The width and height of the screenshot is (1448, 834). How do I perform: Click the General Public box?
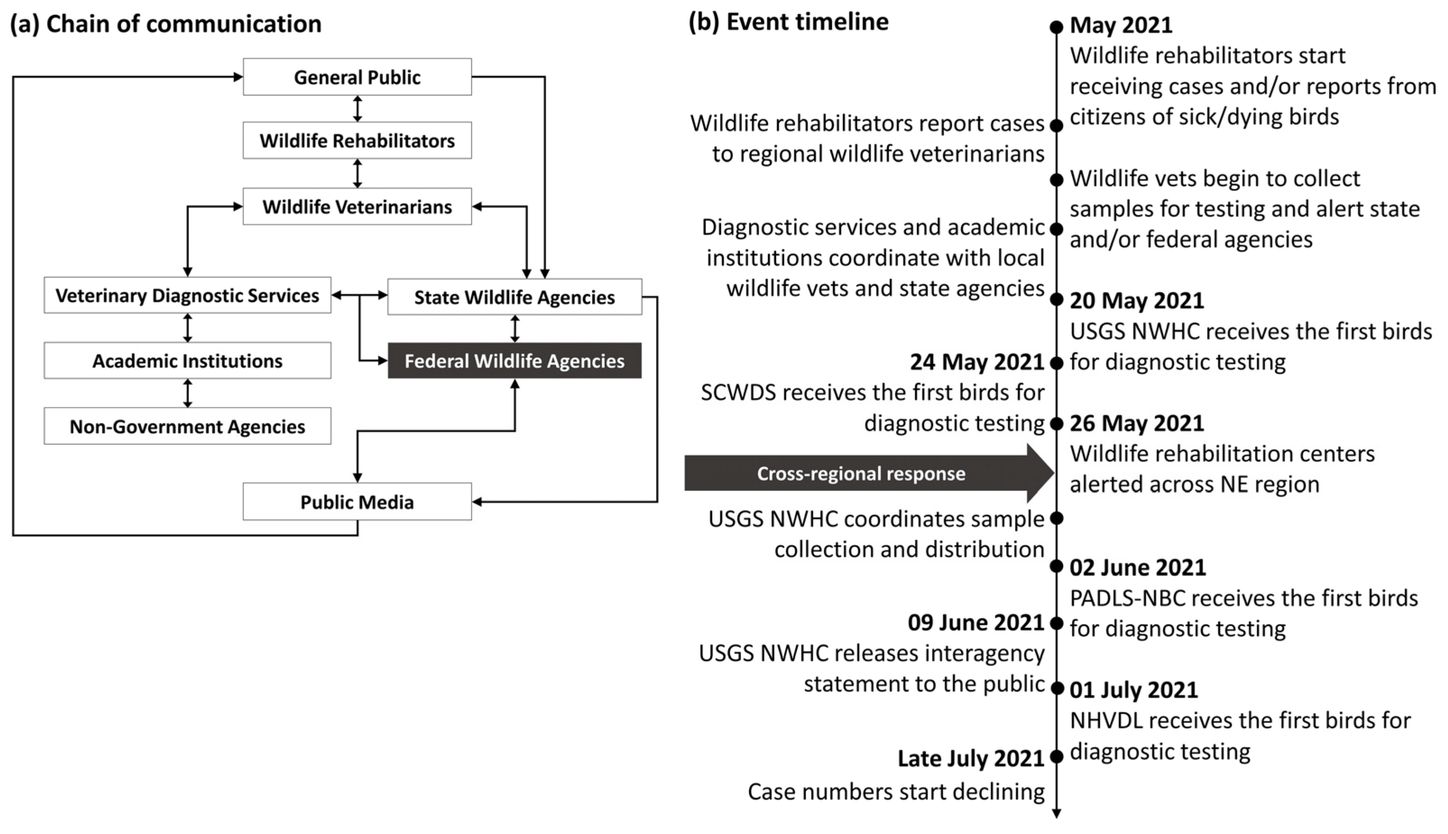[357, 77]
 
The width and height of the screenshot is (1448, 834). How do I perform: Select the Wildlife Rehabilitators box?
[357, 140]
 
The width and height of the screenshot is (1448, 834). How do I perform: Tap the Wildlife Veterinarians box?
[357, 206]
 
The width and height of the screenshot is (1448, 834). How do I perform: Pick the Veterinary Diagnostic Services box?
[187, 295]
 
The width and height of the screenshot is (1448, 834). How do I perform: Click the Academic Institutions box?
[187, 360]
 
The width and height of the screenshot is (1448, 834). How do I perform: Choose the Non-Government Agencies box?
[187, 426]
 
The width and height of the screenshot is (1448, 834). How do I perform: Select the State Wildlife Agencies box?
[514, 297]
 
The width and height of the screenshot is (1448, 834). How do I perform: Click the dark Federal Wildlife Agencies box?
[514, 360]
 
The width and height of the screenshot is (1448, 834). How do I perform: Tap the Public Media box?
[357, 502]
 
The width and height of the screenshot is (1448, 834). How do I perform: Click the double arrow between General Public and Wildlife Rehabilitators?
[357, 108]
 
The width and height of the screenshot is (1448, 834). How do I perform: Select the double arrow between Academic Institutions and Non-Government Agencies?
[187, 393]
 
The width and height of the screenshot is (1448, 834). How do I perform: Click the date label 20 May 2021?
[1136, 301]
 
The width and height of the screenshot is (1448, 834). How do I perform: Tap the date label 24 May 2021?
[977, 362]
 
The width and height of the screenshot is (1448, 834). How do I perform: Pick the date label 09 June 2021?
[976, 622]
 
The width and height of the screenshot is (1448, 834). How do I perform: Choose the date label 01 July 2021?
[1134, 690]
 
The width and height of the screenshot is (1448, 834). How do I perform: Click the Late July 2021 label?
[970, 758]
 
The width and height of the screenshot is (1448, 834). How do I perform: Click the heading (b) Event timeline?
[788, 22]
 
